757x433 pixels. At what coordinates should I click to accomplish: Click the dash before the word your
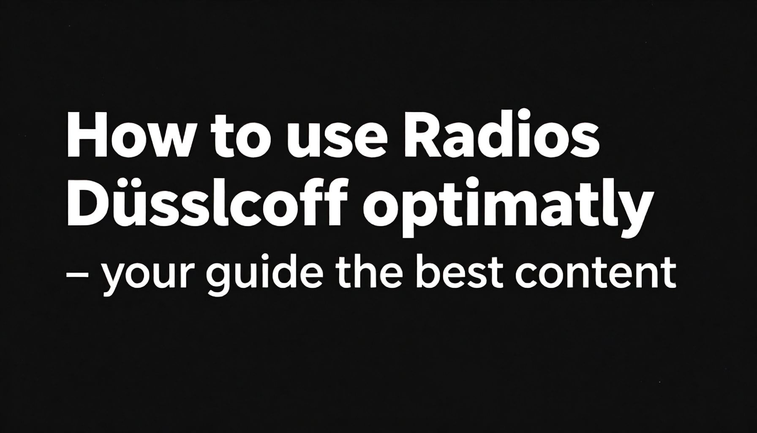click(78, 275)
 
